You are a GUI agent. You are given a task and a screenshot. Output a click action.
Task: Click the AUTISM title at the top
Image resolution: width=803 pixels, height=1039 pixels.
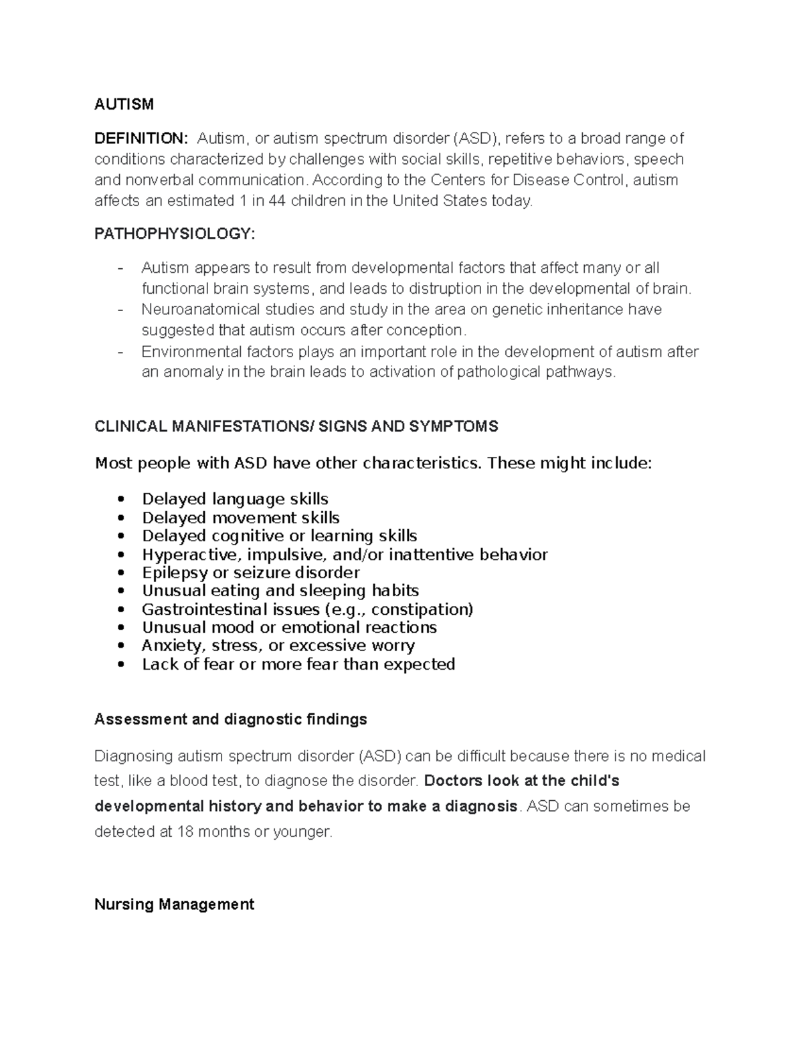click(x=124, y=104)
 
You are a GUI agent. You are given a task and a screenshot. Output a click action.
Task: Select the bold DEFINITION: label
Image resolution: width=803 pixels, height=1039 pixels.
click(x=141, y=138)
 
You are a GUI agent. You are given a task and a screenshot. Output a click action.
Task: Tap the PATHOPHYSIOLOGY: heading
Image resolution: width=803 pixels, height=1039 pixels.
click(x=174, y=233)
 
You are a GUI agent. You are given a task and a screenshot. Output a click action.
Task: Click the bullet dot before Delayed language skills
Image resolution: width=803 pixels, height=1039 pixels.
click(x=120, y=500)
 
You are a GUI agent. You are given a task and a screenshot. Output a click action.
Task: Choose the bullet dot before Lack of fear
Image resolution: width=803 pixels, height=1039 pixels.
click(x=120, y=665)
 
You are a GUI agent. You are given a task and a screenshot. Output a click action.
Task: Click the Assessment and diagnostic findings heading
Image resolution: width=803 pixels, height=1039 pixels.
click(x=230, y=719)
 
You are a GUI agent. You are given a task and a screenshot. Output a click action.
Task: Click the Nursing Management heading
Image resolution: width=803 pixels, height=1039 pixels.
click(x=174, y=905)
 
